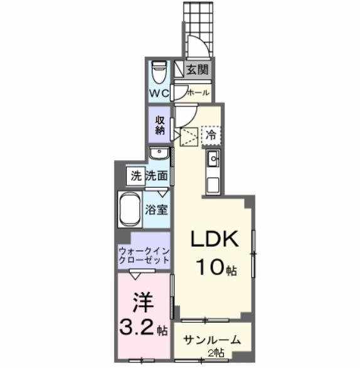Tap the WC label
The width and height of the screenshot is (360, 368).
(159, 93)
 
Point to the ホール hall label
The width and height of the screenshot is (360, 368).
(198, 92)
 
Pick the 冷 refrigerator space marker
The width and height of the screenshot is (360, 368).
(211, 134)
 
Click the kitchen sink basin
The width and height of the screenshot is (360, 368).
(213, 160)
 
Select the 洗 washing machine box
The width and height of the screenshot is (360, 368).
(136, 176)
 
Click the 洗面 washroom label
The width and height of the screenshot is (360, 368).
(156, 176)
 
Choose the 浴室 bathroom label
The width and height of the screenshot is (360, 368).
(157, 210)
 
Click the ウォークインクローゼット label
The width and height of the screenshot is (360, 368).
(144, 254)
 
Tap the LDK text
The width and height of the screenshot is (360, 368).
(214, 241)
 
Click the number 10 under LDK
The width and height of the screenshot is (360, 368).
(207, 269)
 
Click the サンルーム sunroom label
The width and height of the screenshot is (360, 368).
(213, 340)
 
